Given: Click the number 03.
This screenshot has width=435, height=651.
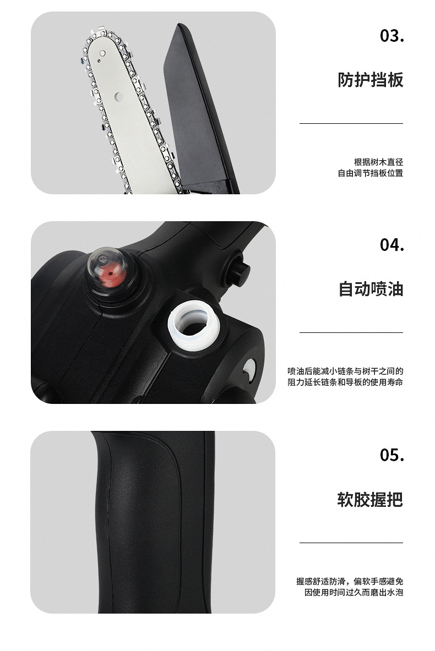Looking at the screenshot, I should click(x=392, y=36).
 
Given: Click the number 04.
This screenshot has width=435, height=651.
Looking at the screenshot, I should click(x=392, y=245).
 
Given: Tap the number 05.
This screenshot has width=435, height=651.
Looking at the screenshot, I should click(x=392, y=455).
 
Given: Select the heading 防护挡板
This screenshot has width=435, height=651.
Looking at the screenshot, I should click(x=370, y=80).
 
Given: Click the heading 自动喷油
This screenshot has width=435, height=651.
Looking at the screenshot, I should click(x=370, y=288).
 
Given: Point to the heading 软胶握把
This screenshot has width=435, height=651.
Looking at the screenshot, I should click(x=370, y=499).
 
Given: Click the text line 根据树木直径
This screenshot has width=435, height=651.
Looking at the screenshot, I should click(x=378, y=162).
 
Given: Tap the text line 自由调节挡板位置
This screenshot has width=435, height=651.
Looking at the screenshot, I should click(x=370, y=173).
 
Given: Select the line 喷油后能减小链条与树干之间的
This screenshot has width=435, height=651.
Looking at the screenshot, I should click(x=345, y=371).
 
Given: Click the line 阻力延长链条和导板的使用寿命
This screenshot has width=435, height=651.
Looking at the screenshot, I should click(x=345, y=382).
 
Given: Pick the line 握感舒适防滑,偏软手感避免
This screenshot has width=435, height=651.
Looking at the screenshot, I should click(x=350, y=582).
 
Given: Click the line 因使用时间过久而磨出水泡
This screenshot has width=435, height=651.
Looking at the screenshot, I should click(x=354, y=593).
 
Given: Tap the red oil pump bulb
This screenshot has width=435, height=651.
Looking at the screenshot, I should click(x=109, y=271).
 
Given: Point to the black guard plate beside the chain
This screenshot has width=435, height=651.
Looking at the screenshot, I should click(x=201, y=110).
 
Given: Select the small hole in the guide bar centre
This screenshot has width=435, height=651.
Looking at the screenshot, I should click(x=118, y=96).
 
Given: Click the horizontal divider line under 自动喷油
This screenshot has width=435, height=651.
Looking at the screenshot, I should click(x=351, y=332).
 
